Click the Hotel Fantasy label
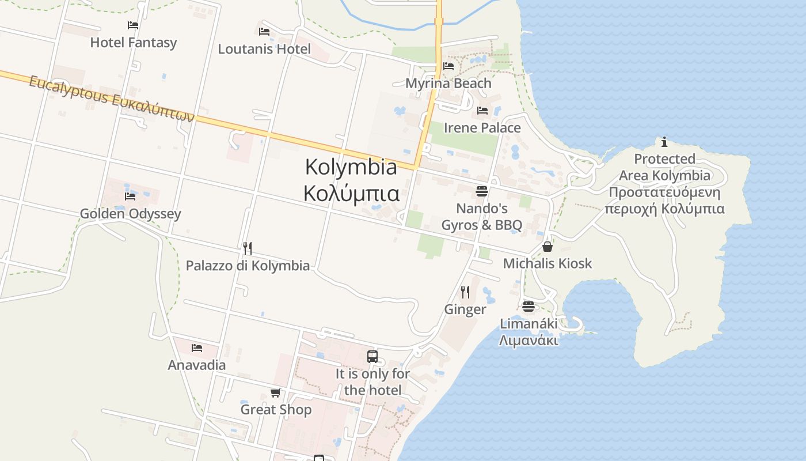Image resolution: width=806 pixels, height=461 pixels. click(134, 43)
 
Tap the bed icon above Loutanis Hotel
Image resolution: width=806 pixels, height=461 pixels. click(264, 31)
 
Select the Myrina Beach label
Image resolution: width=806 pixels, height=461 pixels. click(448, 83)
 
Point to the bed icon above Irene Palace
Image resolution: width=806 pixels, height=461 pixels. click(482, 110)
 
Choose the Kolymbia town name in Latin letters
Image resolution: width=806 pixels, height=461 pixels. click(351, 167)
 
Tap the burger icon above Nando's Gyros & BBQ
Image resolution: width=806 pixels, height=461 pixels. click(482, 191)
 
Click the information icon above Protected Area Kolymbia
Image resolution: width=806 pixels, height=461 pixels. click(664, 142)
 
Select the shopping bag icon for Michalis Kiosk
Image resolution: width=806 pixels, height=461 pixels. click(547, 247)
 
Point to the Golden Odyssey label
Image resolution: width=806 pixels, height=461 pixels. click(130, 214)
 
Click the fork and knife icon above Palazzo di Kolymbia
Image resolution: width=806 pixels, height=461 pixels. click(248, 248)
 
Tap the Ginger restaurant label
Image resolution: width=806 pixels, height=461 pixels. click(465, 309)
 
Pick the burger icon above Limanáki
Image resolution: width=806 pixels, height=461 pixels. click(529, 307)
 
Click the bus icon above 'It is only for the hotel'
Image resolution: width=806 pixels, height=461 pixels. click(372, 357)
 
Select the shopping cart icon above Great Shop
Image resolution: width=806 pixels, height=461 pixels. click(276, 393)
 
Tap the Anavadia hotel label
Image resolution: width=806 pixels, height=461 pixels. click(196, 365)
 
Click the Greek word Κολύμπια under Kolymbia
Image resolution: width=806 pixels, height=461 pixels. click(351, 194)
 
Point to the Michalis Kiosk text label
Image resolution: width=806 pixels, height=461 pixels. click(548, 263)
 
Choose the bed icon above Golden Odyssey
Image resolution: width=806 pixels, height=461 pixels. click(130, 197)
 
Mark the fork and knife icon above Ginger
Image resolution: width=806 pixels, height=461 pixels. click(465, 292)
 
